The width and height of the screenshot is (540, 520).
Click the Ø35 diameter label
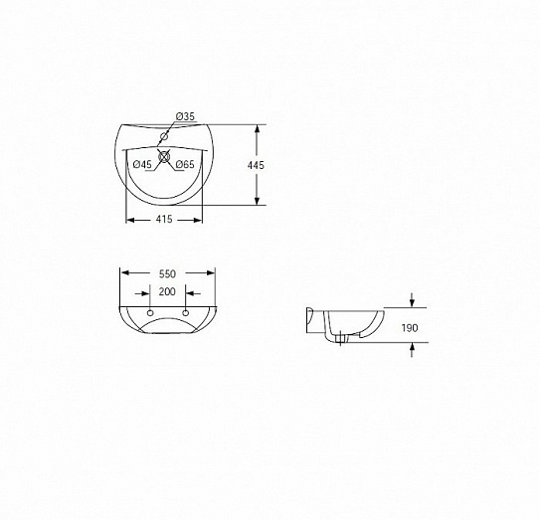(x=185, y=116)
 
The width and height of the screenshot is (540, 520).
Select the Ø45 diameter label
(x=142, y=165)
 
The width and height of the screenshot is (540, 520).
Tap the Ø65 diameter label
(x=185, y=165)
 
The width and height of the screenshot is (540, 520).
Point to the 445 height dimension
(x=256, y=165)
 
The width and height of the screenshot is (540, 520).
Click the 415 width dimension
(x=164, y=219)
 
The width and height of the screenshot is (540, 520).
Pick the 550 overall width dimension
(x=167, y=273)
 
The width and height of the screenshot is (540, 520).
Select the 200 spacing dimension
(x=167, y=291)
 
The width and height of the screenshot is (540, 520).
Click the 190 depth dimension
(x=410, y=328)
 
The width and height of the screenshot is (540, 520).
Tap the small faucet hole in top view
(x=164, y=137)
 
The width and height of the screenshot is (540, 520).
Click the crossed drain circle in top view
(x=164, y=157)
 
